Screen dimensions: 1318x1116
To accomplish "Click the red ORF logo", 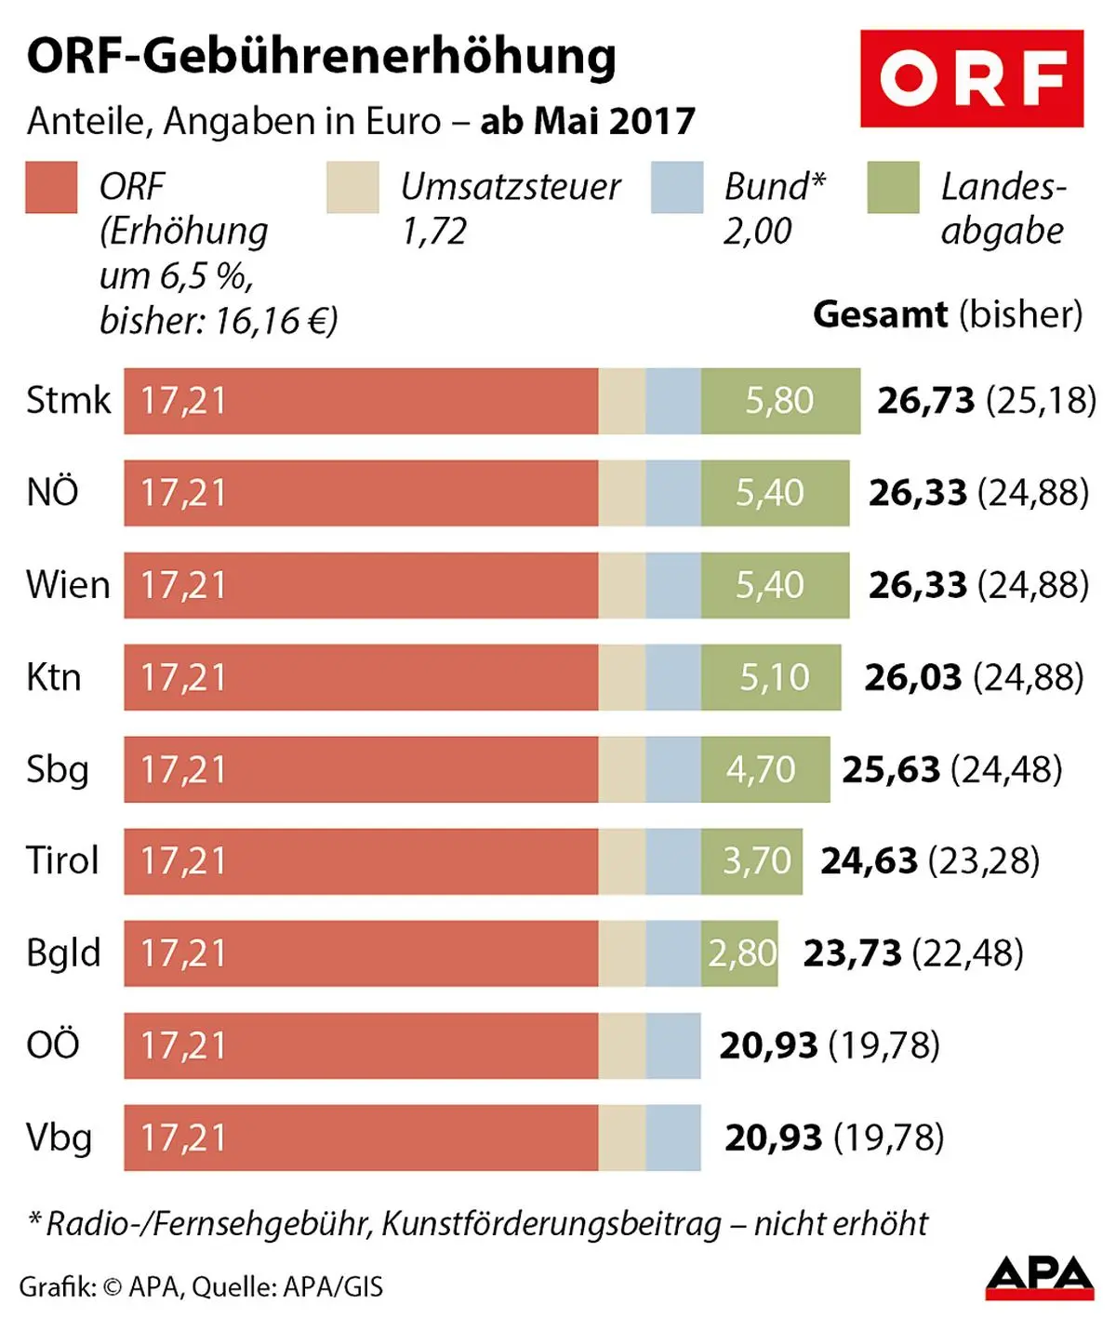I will (x=971, y=78).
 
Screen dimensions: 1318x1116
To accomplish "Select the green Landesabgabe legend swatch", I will (x=893, y=187).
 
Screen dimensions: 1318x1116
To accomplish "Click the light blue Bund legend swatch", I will (x=677, y=187).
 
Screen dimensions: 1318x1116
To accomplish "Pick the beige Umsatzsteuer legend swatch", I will (x=352, y=187).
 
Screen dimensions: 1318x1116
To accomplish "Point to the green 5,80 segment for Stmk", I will (x=779, y=401).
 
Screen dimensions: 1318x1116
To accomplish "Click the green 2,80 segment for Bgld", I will (x=740, y=953).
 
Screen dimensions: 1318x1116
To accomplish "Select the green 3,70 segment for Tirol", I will (x=752, y=861).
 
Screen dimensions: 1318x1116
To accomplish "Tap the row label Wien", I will (x=68, y=585).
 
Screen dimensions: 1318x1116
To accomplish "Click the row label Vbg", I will (x=59, y=1138).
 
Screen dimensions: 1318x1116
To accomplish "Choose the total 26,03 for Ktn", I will (x=912, y=677).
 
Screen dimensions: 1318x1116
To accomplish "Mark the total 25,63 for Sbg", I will (x=890, y=769).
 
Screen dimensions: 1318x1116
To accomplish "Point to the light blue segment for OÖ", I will (x=672, y=1045).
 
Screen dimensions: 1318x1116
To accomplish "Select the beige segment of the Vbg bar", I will (x=621, y=1138).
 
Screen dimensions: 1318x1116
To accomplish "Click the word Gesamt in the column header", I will (x=880, y=314).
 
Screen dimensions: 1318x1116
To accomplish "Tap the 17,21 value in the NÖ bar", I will (x=183, y=493).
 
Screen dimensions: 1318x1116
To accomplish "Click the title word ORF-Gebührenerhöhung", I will (x=321, y=57).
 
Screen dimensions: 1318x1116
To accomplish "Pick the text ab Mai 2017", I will (x=588, y=122).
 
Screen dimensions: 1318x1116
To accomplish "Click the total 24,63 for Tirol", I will (x=868, y=861).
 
